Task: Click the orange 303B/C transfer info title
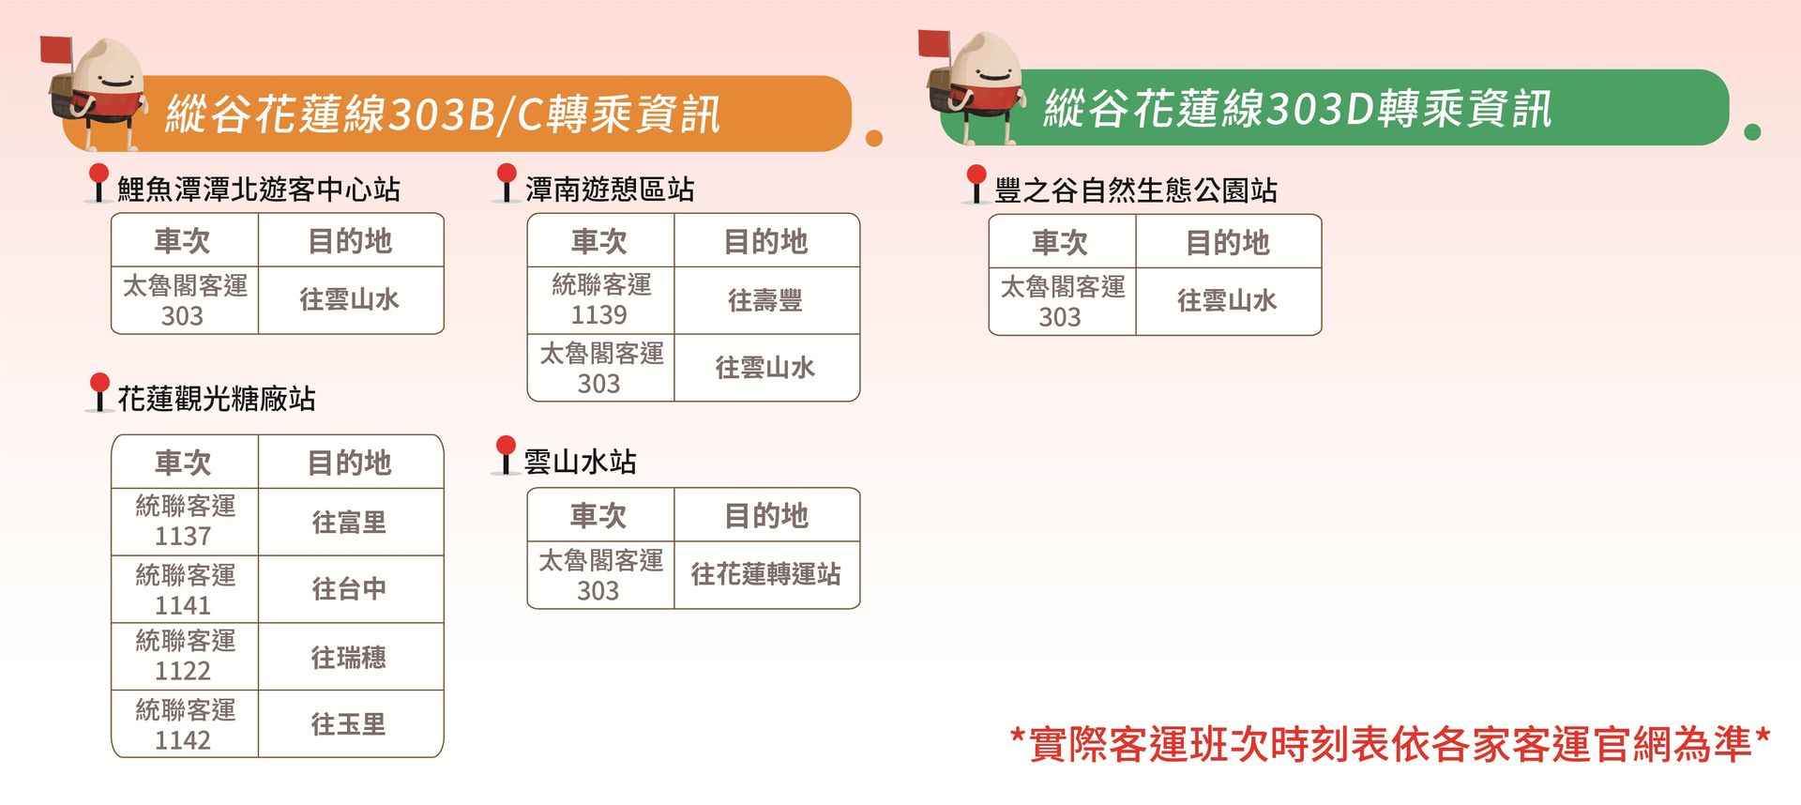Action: (443, 114)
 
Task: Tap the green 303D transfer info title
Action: (1297, 109)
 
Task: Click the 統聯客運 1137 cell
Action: (185, 522)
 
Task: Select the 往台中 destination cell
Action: (350, 589)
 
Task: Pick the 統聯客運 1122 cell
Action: (185, 657)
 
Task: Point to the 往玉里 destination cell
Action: (350, 724)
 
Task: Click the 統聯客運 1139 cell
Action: (601, 300)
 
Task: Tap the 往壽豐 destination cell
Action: (766, 300)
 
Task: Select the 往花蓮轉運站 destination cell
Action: (766, 574)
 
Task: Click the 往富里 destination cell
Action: (350, 522)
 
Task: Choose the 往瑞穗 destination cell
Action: (350, 657)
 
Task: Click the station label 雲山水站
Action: (580, 462)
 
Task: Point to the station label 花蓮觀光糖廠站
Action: (216, 399)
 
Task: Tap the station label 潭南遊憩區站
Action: (610, 190)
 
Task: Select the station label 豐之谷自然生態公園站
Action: (1136, 190)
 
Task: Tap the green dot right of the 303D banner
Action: (1752, 132)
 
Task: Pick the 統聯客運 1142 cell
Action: (185, 724)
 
